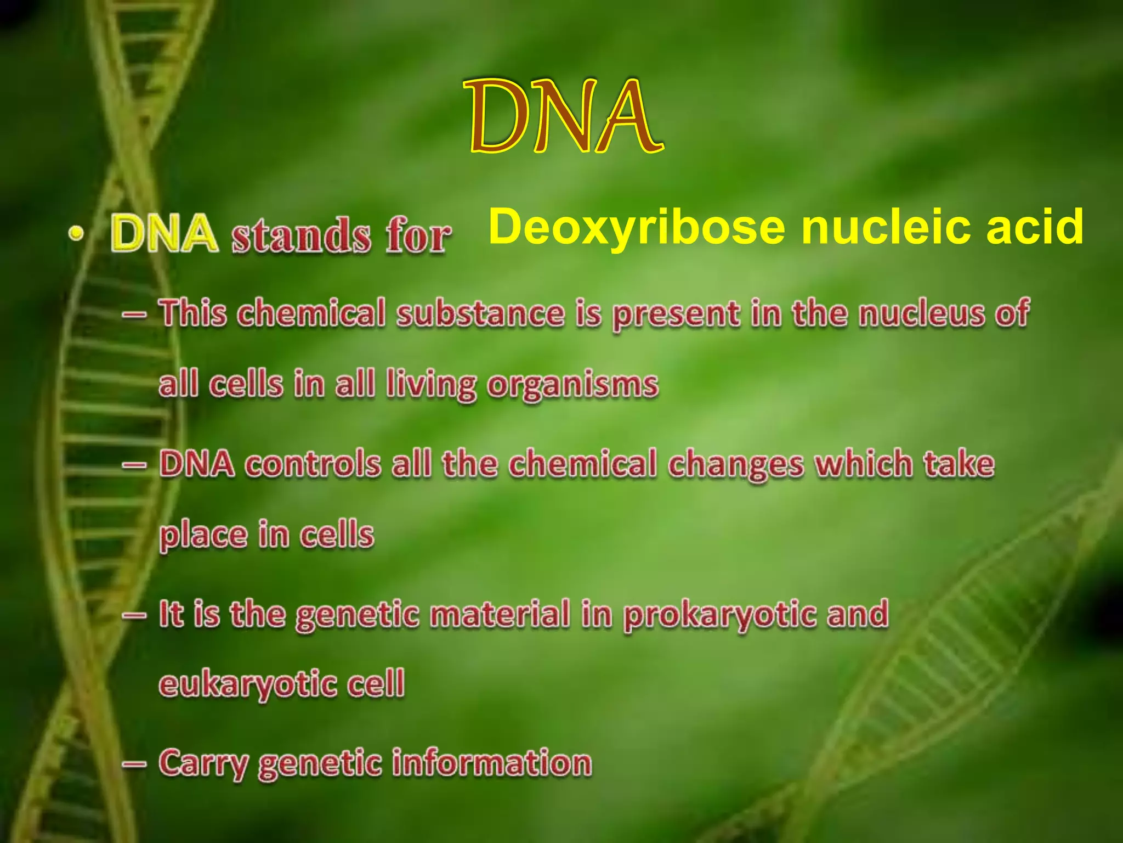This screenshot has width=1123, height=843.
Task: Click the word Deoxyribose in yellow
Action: click(x=637, y=228)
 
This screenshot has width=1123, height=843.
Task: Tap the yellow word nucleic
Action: click(x=888, y=228)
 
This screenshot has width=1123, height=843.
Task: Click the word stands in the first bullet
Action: click(x=301, y=236)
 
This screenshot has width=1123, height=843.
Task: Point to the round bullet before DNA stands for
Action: click(x=77, y=234)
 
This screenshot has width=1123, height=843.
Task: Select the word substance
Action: click(x=480, y=314)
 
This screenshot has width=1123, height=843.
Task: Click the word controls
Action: click(x=313, y=464)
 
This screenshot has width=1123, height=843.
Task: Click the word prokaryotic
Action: click(x=720, y=615)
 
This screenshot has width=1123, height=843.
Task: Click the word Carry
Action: click(x=203, y=764)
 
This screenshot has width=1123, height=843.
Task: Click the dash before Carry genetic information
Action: click(x=134, y=763)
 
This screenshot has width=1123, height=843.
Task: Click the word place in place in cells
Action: click(x=203, y=536)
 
